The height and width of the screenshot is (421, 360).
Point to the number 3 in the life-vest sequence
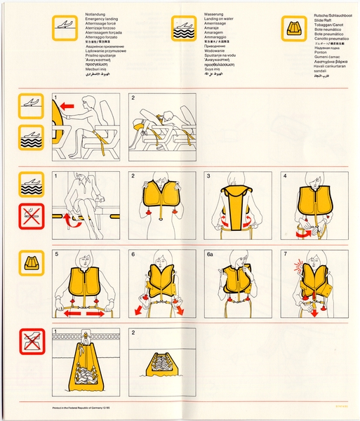209,176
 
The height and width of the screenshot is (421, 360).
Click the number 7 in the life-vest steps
286,254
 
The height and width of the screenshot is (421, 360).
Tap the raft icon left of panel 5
32,264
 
